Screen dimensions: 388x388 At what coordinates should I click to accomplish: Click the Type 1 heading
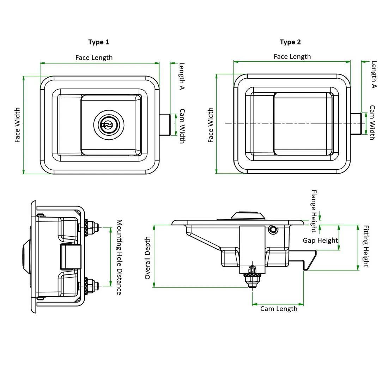click(98, 42)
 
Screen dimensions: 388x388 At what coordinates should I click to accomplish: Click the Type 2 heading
click(290, 42)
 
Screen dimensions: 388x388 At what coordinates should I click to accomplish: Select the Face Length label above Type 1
click(94, 57)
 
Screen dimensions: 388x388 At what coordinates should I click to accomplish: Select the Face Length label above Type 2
click(292, 57)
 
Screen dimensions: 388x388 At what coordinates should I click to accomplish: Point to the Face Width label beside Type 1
click(17, 125)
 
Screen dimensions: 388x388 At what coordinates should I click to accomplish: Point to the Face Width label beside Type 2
click(210, 125)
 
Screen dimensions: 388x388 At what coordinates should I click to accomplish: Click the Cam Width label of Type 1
click(182, 126)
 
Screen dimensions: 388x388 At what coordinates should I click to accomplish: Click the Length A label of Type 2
click(374, 74)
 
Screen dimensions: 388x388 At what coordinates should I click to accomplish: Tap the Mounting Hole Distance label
click(119, 257)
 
